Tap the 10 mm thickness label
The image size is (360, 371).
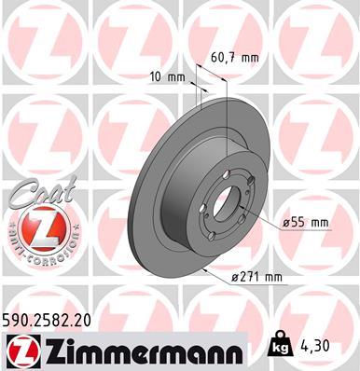(x=166, y=75)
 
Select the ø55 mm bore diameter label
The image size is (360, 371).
(x=307, y=222)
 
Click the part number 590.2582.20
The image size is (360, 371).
(x=48, y=320)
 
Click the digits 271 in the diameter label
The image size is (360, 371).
(x=252, y=276)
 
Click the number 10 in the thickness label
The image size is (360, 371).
(x=157, y=75)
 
